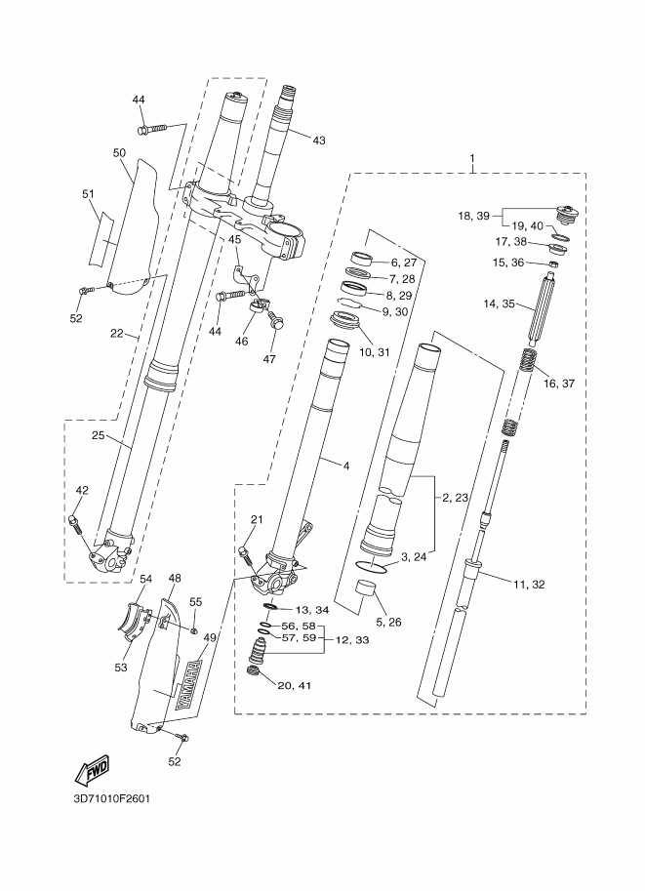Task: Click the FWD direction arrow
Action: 92,770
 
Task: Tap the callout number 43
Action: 319,140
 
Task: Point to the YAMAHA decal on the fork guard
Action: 189,684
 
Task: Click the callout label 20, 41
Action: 295,685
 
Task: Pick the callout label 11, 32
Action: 528,585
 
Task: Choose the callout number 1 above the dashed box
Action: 471,157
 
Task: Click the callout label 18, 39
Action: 473,216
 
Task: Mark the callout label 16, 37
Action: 559,383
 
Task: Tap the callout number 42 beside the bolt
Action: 82,490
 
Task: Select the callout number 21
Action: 257,519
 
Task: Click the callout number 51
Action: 88,194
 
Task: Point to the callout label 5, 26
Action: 388,623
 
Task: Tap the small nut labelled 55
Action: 195,630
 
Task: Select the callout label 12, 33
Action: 353,640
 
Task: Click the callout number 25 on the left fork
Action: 99,435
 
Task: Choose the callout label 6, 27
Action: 403,263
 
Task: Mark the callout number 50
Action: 119,153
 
